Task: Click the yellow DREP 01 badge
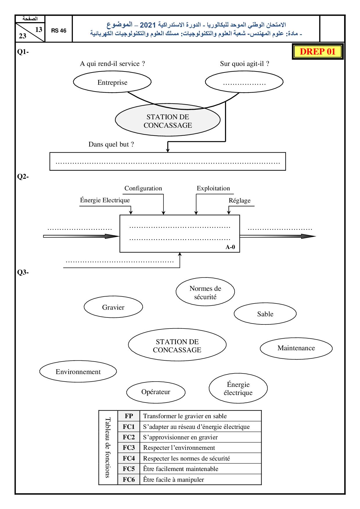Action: pyautogui.click(x=318, y=52)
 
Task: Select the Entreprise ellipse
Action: pyautogui.click(x=112, y=82)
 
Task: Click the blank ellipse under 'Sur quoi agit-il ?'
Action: pyautogui.click(x=244, y=82)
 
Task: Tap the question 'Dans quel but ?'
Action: pyautogui.click(x=111, y=144)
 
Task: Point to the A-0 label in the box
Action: pyautogui.click(x=230, y=247)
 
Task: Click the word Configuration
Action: pyautogui.click(x=143, y=188)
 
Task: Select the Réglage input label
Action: pyautogui.click(x=240, y=201)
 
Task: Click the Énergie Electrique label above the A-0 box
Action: pyautogui.click(x=105, y=200)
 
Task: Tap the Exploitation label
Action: pyautogui.click(x=213, y=188)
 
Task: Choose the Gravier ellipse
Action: pyautogui.click(x=113, y=307)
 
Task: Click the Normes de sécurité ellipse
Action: pyautogui.click(x=205, y=292)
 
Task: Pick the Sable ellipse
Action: pyautogui.click(x=265, y=314)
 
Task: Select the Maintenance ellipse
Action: pyautogui.click(x=296, y=348)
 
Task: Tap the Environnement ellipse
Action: pyautogui.click(x=78, y=372)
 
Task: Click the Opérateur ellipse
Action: pyautogui.click(x=156, y=392)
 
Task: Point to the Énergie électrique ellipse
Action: pyautogui.click(x=238, y=389)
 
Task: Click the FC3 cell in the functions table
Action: pyautogui.click(x=129, y=448)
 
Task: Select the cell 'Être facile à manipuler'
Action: pyautogui.click(x=173, y=480)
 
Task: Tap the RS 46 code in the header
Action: pyautogui.click(x=59, y=30)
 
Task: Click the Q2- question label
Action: pyautogui.click(x=23, y=177)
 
